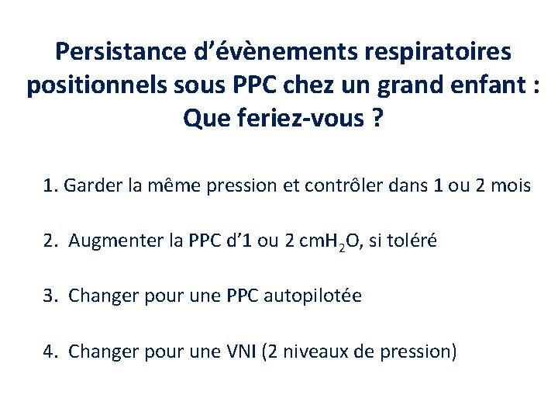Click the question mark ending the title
[x=376, y=118]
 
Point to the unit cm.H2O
[x=322, y=241]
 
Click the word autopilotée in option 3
[x=313, y=296]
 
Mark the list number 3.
[x=50, y=296]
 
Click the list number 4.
[x=50, y=351]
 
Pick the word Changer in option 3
[x=98, y=296]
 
